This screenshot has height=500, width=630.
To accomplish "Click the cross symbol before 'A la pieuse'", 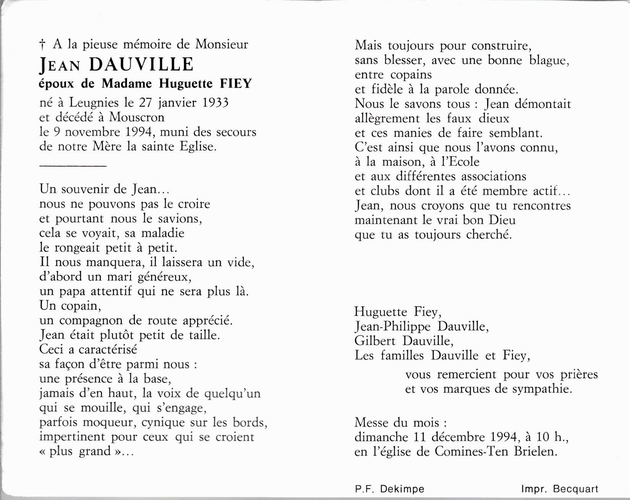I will [42, 46].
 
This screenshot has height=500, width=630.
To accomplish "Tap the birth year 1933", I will [215, 103].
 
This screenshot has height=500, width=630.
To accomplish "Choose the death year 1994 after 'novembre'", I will [139, 132].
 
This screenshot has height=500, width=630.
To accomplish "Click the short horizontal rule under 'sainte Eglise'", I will [73, 166].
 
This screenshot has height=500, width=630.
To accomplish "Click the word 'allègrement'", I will [387, 119].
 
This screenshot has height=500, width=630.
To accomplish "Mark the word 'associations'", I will [494, 176].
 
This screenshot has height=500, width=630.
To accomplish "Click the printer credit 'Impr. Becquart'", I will [560, 489].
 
